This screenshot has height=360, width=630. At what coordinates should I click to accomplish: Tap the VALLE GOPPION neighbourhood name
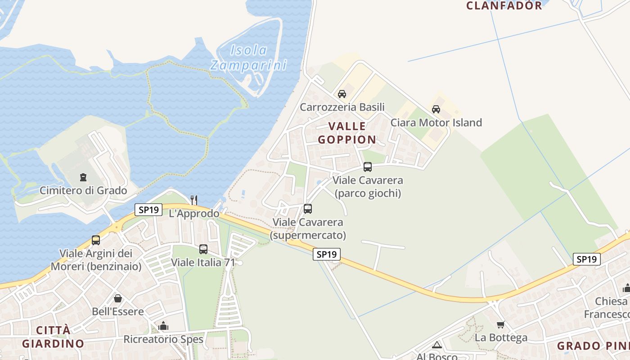[x=347, y=133]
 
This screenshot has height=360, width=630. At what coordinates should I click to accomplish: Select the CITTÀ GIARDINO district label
[x=53, y=337]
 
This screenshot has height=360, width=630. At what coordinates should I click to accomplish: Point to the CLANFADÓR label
[x=504, y=5]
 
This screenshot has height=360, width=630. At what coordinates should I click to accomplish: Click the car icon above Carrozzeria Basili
[x=342, y=94]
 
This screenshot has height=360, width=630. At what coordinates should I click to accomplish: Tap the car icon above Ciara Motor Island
[x=436, y=109]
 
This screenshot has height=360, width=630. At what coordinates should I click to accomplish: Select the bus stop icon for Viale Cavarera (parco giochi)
[x=367, y=167]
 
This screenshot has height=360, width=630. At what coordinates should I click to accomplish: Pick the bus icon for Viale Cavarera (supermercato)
[x=308, y=209]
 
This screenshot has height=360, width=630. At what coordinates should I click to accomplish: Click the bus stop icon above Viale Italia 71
[x=203, y=249]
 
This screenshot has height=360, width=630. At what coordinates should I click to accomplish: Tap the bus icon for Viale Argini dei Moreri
[x=96, y=240]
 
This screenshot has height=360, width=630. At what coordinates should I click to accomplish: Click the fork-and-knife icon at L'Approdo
[x=193, y=200]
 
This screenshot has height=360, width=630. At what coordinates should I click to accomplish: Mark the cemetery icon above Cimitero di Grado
[x=83, y=177]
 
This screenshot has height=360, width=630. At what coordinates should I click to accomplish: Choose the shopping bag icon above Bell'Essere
[x=117, y=298]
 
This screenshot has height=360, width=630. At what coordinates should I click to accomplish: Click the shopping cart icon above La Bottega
[x=501, y=324]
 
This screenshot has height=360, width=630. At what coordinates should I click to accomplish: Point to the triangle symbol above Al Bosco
[x=436, y=345]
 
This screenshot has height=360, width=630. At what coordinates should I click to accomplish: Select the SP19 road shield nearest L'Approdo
[x=148, y=210]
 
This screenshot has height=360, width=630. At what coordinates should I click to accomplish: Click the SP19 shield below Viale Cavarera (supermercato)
[x=327, y=254]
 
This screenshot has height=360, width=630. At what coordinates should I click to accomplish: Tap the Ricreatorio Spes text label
[x=163, y=339]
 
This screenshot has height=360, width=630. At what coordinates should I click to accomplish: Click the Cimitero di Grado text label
[x=83, y=190]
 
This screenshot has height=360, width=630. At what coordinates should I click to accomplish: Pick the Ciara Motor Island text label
[x=436, y=122]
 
